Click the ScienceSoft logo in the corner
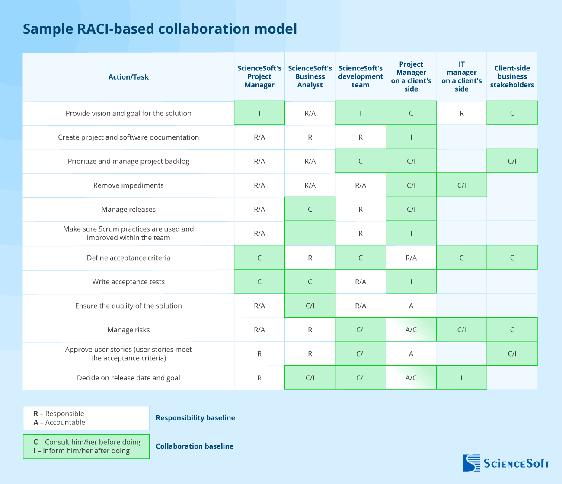pos(505,463)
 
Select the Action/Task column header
pos(128,77)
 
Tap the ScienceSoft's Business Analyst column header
pos(310,76)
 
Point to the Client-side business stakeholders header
pos(512,76)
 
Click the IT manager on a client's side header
pos(461,76)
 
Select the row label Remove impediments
pos(128,185)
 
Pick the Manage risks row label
pos(128,330)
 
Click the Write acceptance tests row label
pos(128,282)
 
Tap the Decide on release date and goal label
pos(128,378)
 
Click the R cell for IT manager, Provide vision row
pos(461,113)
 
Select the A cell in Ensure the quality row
pos(411,306)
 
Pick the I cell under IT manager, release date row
pos(461,378)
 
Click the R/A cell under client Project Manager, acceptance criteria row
pos(411,258)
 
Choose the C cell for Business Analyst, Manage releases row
pos(310,209)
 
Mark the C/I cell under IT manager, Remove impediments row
pos(461,185)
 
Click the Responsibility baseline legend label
pos(195,418)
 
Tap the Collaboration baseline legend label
pos(195,446)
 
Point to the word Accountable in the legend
pos(65,423)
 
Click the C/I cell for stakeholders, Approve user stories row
pos(512,353)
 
